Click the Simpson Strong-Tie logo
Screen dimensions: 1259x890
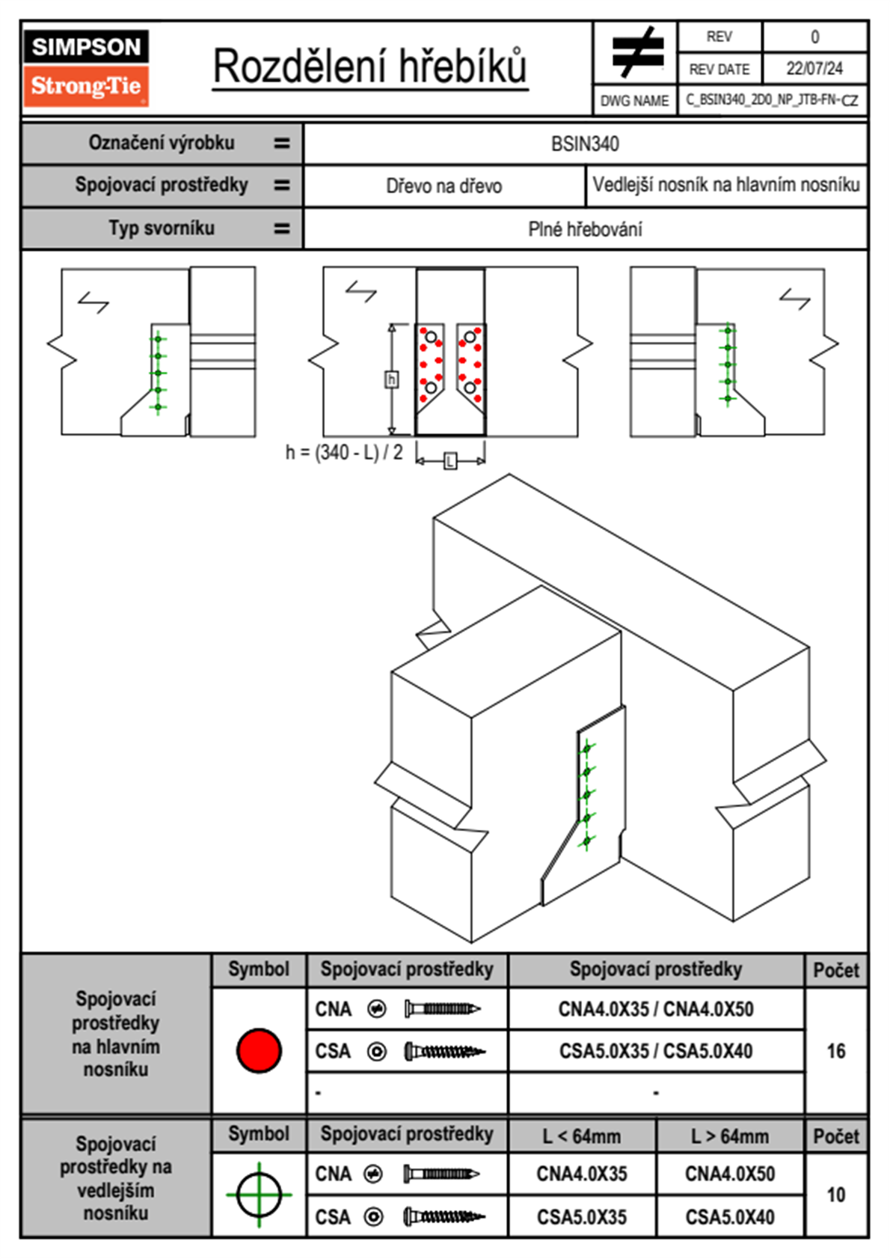86,67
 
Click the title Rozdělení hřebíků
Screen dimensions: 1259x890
370,66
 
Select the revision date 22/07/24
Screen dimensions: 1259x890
814,69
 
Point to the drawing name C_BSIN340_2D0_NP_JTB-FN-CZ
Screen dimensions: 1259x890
772,100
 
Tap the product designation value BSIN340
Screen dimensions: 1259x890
585,144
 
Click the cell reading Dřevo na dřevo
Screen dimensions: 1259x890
444,186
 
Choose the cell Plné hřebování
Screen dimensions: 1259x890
585,229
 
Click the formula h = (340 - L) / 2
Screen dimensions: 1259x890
344,452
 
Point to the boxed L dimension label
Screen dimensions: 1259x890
449,461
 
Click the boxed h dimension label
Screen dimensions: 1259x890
391,379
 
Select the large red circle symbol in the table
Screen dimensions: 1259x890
259,1050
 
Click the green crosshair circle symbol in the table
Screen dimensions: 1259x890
259,1195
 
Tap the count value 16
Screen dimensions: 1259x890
836,1051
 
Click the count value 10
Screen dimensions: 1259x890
836,1195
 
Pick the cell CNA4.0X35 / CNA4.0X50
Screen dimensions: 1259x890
656,1009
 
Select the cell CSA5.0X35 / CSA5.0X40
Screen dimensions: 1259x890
656,1051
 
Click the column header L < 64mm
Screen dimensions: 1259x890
582,1136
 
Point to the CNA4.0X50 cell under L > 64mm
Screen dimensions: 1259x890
730,1174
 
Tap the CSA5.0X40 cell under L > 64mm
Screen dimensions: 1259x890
730,1217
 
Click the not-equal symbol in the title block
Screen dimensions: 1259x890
637,52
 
